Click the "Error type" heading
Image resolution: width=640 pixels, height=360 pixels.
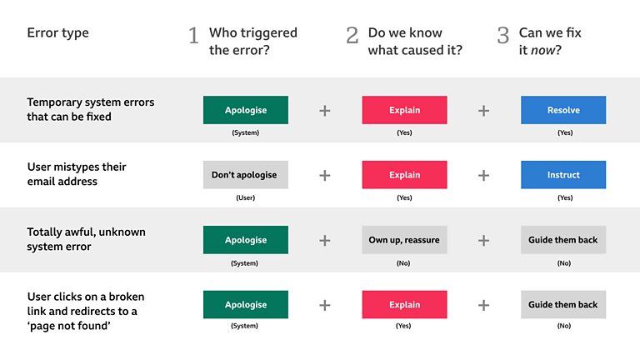[57, 33]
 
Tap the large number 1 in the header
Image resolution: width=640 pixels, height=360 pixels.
[193, 37]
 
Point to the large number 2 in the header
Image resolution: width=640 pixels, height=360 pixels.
[352, 37]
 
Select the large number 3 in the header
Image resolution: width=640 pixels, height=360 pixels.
[503, 37]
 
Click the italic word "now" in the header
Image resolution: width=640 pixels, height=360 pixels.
[545, 50]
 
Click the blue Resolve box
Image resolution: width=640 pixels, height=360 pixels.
[563, 110]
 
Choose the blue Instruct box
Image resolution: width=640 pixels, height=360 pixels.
[563, 175]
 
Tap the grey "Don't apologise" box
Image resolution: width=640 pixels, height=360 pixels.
[245, 175]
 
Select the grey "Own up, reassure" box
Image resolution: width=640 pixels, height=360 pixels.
[404, 240]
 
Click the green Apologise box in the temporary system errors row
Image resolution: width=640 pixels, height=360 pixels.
[245, 110]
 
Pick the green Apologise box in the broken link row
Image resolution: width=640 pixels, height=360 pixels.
[245, 305]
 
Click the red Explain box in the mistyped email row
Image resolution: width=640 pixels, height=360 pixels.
[404, 175]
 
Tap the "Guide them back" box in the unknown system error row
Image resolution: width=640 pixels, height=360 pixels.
[563, 240]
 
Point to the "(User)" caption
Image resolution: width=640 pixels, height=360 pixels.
[245, 197]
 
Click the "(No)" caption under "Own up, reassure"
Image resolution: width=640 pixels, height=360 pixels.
[404, 262]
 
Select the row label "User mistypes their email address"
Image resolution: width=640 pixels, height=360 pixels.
[76, 174]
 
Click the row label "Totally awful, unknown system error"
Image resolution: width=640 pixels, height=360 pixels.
[86, 239]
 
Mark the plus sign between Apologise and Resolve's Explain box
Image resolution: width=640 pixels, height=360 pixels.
[325, 110]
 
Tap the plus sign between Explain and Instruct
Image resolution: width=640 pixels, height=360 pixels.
[483, 175]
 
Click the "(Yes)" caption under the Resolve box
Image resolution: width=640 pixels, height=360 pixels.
[564, 132]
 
